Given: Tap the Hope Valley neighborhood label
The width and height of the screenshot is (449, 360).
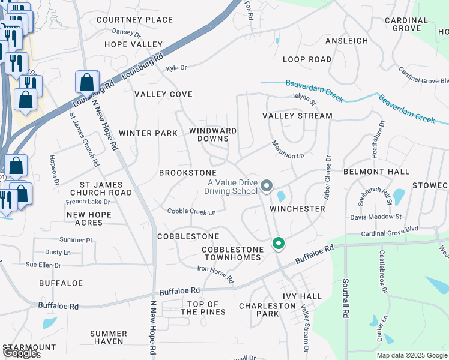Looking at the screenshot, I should pyautogui.click(x=133, y=44).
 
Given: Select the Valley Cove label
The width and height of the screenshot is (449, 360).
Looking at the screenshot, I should pyautogui.click(x=163, y=94).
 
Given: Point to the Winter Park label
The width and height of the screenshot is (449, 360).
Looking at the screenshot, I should pyautogui.click(x=148, y=133).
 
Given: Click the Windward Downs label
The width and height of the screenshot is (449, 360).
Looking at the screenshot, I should pyautogui.click(x=212, y=134).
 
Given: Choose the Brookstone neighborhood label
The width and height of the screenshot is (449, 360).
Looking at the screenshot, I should pyautogui.click(x=187, y=173).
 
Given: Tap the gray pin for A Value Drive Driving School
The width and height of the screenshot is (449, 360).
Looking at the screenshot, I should pyautogui.click(x=267, y=187).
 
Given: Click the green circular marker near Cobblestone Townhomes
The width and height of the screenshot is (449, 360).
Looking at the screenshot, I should pyautogui.click(x=278, y=244).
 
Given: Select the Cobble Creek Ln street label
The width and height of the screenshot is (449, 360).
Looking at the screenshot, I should pyautogui.click(x=191, y=211).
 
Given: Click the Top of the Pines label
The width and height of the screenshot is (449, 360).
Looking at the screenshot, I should pyautogui.click(x=203, y=308).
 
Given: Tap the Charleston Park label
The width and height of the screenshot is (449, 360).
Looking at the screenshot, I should pyautogui.click(x=267, y=310).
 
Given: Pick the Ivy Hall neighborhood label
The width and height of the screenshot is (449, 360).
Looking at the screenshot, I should pyautogui.click(x=305, y=296).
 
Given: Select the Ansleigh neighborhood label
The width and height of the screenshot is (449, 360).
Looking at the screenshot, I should pyautogui.click(x=346, y=41).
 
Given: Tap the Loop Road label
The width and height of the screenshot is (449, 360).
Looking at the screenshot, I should pyautogui.click(x=307, y=59).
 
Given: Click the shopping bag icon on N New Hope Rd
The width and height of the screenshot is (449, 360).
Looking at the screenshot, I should pyautogui.click(x=87, y=83).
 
